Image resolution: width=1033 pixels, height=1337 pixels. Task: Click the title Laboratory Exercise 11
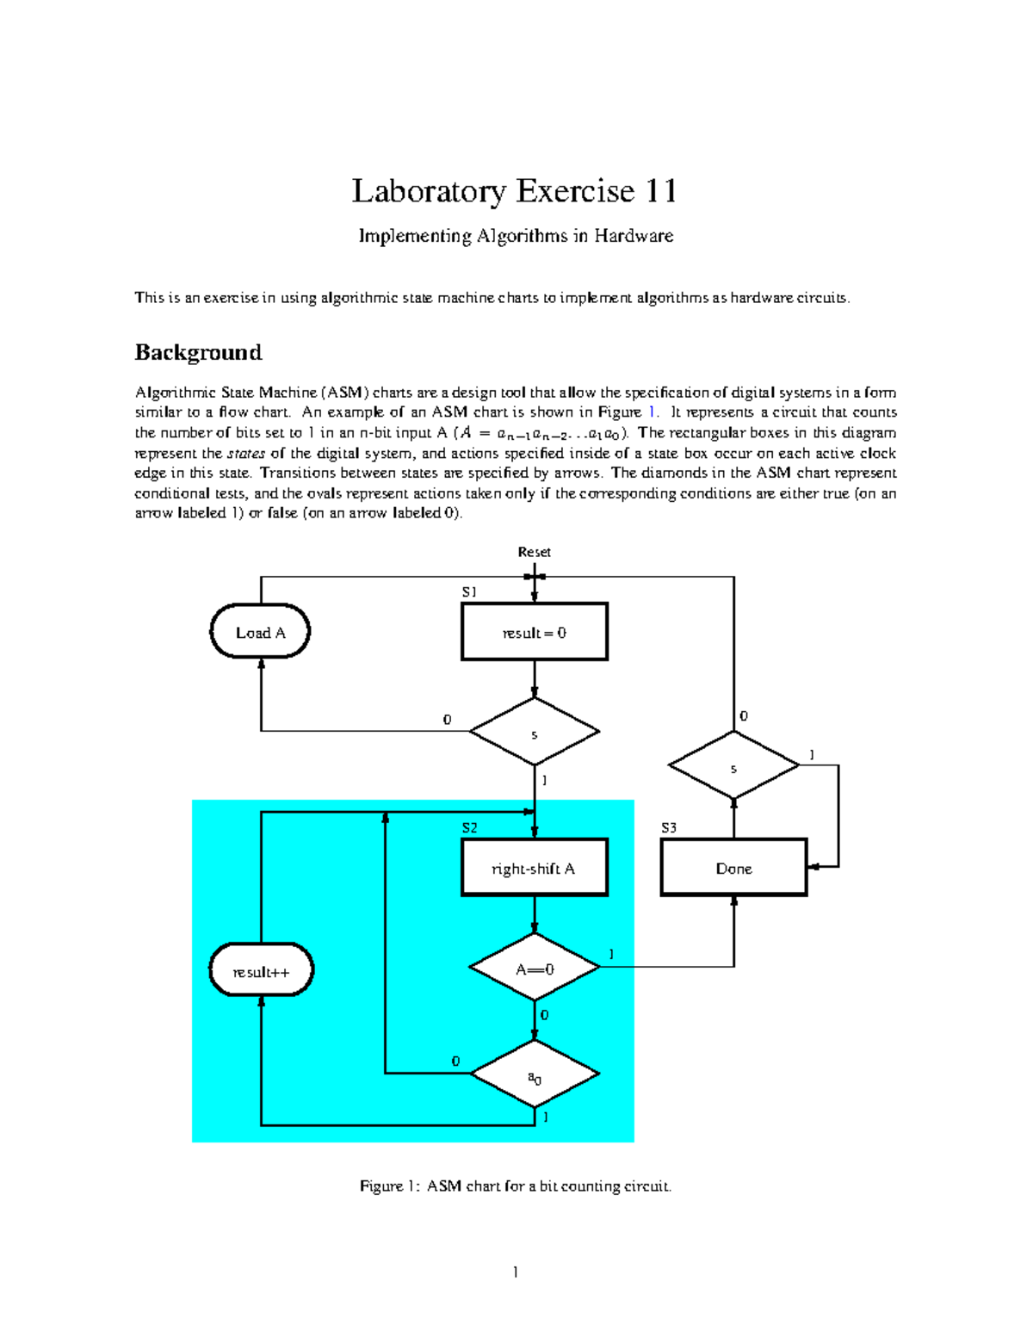(x=514, y=191)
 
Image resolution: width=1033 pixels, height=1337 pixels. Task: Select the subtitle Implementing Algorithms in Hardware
(x=516, y=236)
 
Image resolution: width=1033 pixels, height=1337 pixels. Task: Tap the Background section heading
(x=198, y=353)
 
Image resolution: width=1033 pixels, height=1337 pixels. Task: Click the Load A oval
(x=260, y=632)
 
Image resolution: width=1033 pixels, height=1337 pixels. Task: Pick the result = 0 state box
(x=535, y=632)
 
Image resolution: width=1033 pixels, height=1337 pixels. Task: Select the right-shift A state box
(x=535, y=868)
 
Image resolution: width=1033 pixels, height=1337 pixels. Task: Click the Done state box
(x=733, y=868)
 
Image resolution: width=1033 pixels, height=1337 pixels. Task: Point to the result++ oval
(x=261, y=971)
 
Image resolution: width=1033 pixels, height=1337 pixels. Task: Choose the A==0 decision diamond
(x=535, y=969)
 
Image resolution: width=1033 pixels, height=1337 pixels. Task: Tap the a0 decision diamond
(x=535, y=1075)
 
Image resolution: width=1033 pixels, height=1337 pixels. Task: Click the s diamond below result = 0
(x=535, y=733)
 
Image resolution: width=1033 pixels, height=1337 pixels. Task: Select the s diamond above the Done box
(x=733, y=766)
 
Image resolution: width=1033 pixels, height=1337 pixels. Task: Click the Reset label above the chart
(x=534, y=552)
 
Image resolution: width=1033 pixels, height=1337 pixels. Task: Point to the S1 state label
(x=469, y=592)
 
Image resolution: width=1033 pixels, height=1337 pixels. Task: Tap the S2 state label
(x=469, y=828)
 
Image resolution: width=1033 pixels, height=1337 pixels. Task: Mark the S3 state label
(x=669, y=828)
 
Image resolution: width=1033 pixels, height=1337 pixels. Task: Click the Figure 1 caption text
(x=515, y=1186)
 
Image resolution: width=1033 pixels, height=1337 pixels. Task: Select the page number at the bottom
(x=515, y=1272)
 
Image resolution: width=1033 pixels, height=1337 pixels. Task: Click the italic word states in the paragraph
(x=245, y=454)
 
